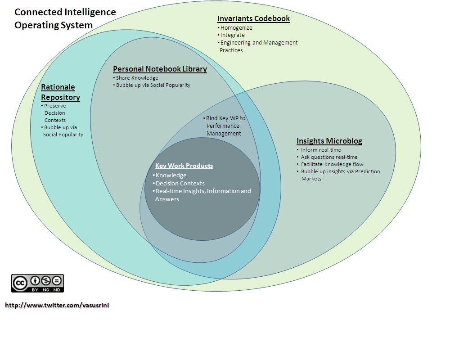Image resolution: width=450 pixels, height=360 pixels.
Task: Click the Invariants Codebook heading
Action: click(253, 18)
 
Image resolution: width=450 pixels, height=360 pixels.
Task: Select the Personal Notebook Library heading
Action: click(160, 69)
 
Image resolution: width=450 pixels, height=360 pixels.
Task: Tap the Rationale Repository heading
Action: click(60, 92)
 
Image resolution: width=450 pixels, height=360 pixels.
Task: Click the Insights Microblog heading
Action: click(329, 141)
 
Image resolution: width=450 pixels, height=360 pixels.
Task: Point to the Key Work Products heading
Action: click(184, 166)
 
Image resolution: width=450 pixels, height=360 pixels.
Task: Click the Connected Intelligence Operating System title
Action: click(65, 18)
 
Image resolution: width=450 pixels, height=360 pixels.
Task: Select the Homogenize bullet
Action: click(236, 28)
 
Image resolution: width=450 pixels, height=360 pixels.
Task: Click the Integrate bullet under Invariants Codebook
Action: click(232, 35)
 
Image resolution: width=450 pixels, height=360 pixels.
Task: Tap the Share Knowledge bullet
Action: click(137, 78)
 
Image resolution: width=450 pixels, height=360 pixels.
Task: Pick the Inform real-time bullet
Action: click(320, 150)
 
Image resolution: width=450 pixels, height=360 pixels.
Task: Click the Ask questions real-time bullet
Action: click(329, 157)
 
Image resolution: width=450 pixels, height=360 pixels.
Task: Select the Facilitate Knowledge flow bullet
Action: click(332, 164)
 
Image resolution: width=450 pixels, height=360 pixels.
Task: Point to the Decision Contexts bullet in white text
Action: click(180, 183)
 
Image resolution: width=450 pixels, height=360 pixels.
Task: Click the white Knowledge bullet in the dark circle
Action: click(171, 175)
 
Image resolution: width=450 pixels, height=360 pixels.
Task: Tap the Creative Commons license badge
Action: click(37, 283)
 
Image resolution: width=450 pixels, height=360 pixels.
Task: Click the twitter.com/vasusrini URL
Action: click(57, 305)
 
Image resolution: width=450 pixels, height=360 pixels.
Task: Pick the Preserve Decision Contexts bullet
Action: click(54, 113)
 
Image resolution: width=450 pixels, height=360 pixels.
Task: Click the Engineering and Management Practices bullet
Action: click(258, 46)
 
